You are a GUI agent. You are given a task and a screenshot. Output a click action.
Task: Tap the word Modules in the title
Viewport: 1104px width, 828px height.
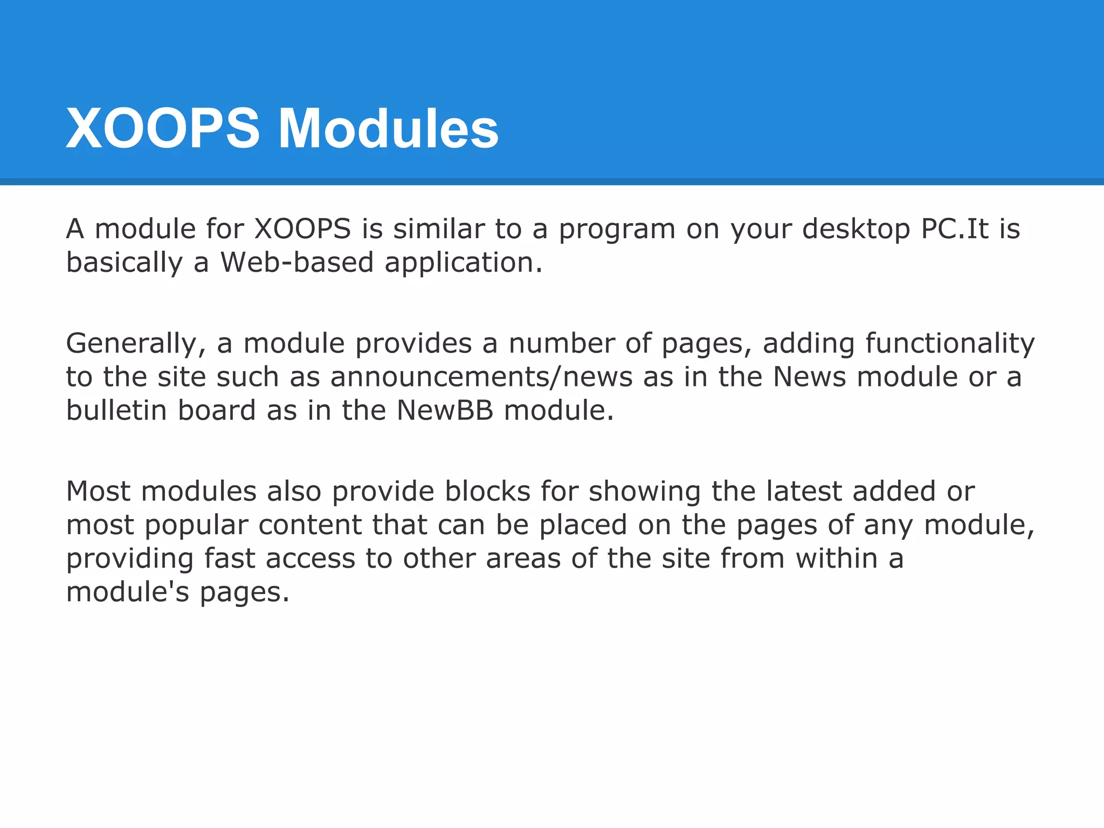[388, 129]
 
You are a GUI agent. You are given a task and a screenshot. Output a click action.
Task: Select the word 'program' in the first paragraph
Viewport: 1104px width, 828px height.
[617, 230]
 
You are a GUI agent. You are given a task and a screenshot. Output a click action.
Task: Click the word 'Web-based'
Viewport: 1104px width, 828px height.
[297, 263]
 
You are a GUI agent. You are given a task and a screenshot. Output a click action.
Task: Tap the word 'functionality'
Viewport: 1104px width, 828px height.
[950, 344]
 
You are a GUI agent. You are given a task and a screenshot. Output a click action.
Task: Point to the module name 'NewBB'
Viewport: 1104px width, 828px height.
[445, 410]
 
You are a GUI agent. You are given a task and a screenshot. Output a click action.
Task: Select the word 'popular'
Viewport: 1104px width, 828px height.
[196, 526]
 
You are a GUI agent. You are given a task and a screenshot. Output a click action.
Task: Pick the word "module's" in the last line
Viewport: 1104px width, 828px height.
[128, 592]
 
